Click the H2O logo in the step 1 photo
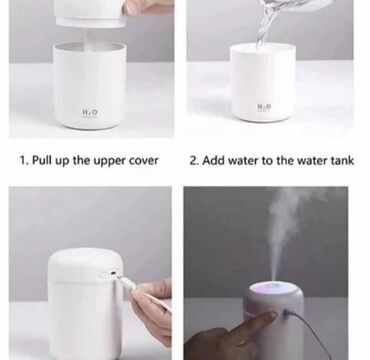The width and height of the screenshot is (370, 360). [90, 112]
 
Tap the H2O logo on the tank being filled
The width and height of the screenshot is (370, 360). [264, 107]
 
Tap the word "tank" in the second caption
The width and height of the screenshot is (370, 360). [342, 160]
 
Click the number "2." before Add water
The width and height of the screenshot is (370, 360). [194, 161]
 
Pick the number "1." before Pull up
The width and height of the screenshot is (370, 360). [24, 161]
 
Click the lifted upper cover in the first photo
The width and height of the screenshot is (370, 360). [90, 13]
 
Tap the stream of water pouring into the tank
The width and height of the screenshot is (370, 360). [265, 23]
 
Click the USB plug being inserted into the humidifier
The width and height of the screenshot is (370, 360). [125, 282]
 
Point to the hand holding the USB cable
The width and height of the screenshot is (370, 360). [152, 310]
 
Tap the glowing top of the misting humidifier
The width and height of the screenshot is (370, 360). [273, 288]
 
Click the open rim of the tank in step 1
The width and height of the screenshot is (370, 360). [90, 47]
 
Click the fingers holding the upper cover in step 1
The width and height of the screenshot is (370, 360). [148, 7]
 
